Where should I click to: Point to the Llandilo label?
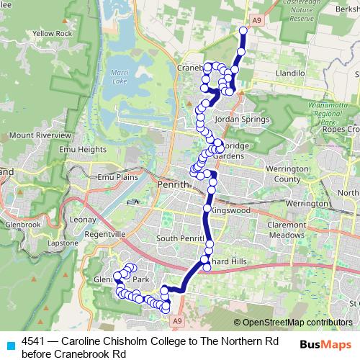(290, 73)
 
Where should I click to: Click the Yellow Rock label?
(53, 34)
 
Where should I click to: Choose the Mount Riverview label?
(40, 135)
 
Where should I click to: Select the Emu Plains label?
(117, 176)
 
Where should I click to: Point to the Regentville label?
(105, 235)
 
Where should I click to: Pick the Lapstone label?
(63, 243)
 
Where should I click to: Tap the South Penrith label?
(181, 238)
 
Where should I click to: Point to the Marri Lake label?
(119, 76)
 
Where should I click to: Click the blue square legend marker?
(12, 342)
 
